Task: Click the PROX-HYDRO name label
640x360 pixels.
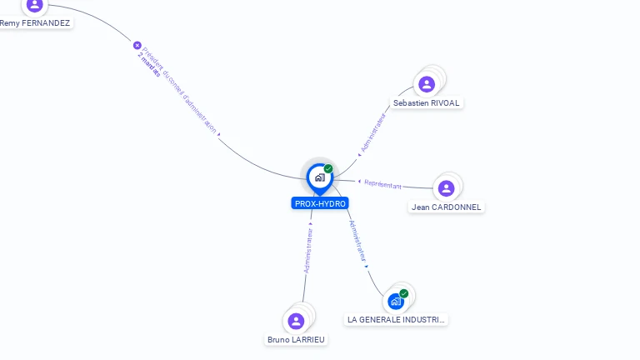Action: [320, 203]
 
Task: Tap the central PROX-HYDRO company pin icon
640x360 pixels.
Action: [319, 177]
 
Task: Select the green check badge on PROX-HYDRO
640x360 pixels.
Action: [328, 169]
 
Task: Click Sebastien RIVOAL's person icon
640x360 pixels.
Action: [427, 84]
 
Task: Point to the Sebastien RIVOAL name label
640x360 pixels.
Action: [426, 103]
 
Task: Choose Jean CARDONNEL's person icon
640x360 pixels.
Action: [446, 188]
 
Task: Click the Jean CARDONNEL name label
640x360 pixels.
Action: [446, 207]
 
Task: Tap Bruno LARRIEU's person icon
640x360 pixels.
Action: [296, 321]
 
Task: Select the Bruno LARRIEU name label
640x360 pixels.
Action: [296, 340]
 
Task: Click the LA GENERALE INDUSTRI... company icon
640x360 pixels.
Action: [396, 301]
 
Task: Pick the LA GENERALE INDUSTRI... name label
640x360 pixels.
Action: [396, 320]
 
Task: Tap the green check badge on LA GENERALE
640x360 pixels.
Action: [404, 293]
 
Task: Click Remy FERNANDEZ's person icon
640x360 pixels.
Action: [34, 5]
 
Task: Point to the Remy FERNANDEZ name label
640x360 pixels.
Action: [35, 23]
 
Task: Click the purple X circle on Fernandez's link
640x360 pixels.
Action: [137, 45]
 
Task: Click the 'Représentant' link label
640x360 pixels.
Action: [382, 184]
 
